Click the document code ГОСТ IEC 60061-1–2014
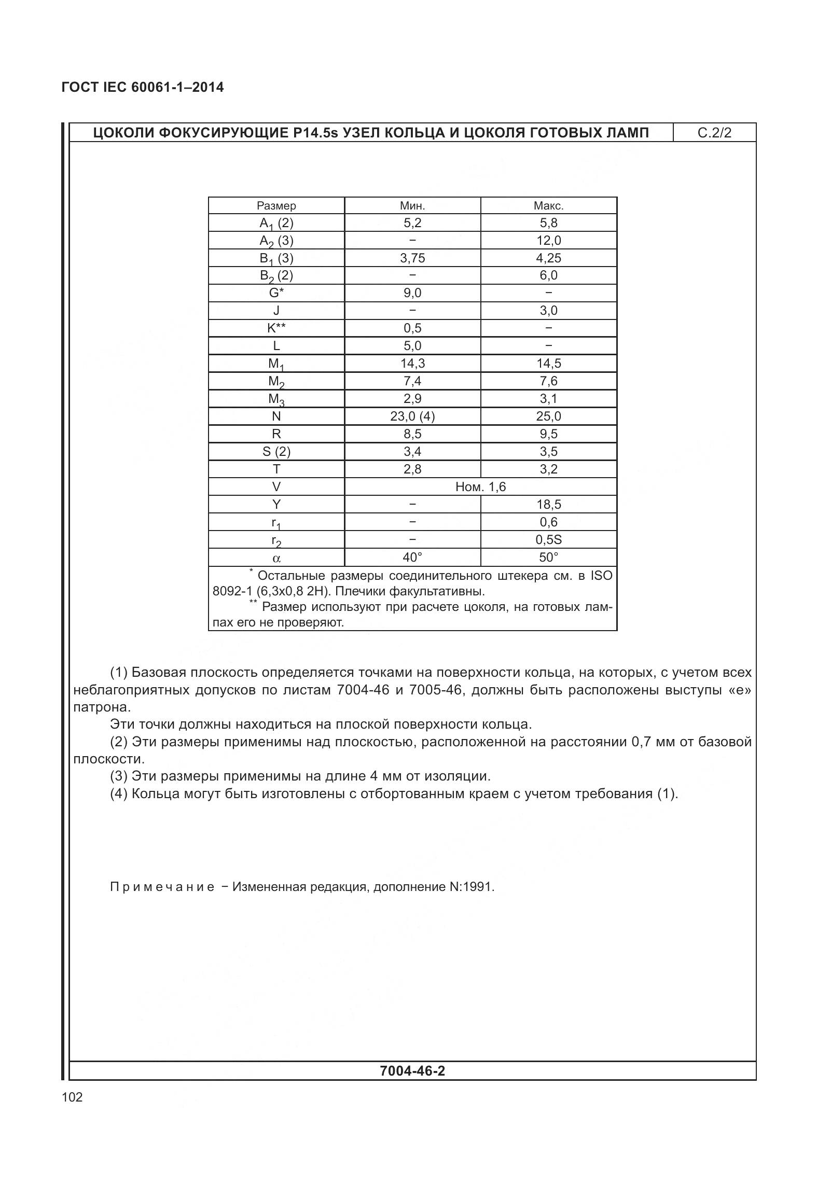(143, 87)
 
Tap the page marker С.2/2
(714, 133)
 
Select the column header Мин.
(412, 205)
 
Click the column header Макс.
(548, 205)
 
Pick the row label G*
(276, 292)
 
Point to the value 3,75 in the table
(412, 258)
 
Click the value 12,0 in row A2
(548, 240)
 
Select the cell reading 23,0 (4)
(412, 416)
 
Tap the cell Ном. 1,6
(480, 486)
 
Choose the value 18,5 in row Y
(548, 504)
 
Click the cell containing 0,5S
(548, 539)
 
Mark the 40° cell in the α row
(412, 557)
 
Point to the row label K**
(276, 328)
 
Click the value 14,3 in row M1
(412, 363)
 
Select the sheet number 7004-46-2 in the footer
(412, 1070)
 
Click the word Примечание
(162, 886)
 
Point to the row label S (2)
(276, 451)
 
